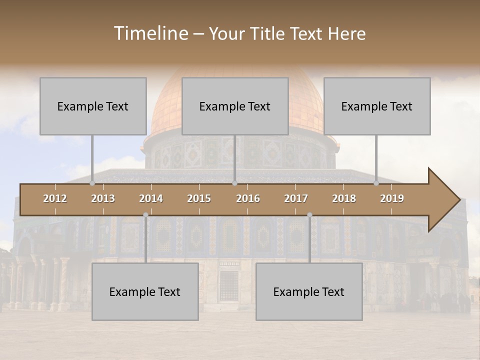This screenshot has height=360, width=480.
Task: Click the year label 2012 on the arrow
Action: (x=55, y=198)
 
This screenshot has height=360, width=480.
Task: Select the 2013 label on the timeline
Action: (x=103, y=198)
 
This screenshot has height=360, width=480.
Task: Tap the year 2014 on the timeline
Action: (x=151, y=198)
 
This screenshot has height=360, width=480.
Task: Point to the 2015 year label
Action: (x=199, y=198)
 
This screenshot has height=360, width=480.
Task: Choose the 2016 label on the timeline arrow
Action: (x=248, y=198)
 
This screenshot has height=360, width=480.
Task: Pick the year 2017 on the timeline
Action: (x=296, y=198)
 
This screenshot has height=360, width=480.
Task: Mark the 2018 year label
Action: (x=344, y=198)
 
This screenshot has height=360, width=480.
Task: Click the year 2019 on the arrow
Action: (x=392, y=198)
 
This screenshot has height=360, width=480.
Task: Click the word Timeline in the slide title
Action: (x=150, y=33)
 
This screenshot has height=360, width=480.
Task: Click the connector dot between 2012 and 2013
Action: (x=92, y=183)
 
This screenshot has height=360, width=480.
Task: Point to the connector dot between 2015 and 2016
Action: (x=234, y=183)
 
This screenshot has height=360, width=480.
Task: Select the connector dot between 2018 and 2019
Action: (x=376, y=183)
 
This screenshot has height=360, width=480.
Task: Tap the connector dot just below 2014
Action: (x=145, y=215)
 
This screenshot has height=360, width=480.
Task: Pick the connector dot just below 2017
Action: (x=309, y=215)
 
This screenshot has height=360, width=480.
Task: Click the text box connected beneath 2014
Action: (x=145, y=291)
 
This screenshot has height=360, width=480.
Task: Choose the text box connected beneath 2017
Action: (x=309, y=291)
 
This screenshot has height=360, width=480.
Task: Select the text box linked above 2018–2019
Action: (x=377, y=106)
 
